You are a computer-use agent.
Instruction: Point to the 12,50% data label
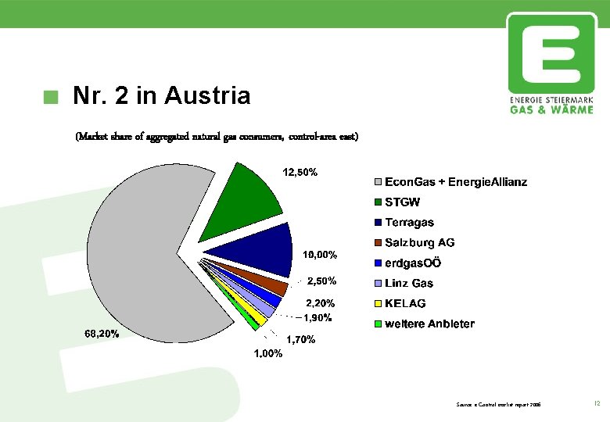point(300,172)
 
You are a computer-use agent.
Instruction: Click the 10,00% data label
point(319,255)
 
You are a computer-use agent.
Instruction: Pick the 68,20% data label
point(102,334)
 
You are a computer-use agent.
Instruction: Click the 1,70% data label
point(300,340)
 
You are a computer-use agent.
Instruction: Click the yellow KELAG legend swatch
point(379,304)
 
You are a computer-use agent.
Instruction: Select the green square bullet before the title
point(52,97)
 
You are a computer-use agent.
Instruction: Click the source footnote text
point(498,404)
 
